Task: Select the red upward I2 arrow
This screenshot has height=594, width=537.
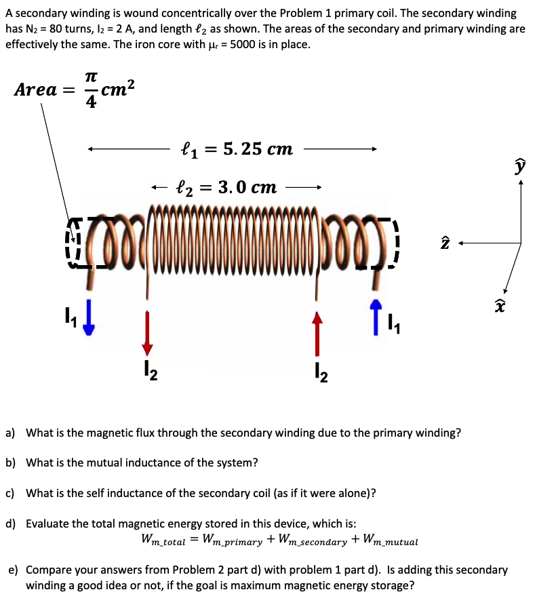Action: coord(316,333)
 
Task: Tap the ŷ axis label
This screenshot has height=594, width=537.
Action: coord(520,165)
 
